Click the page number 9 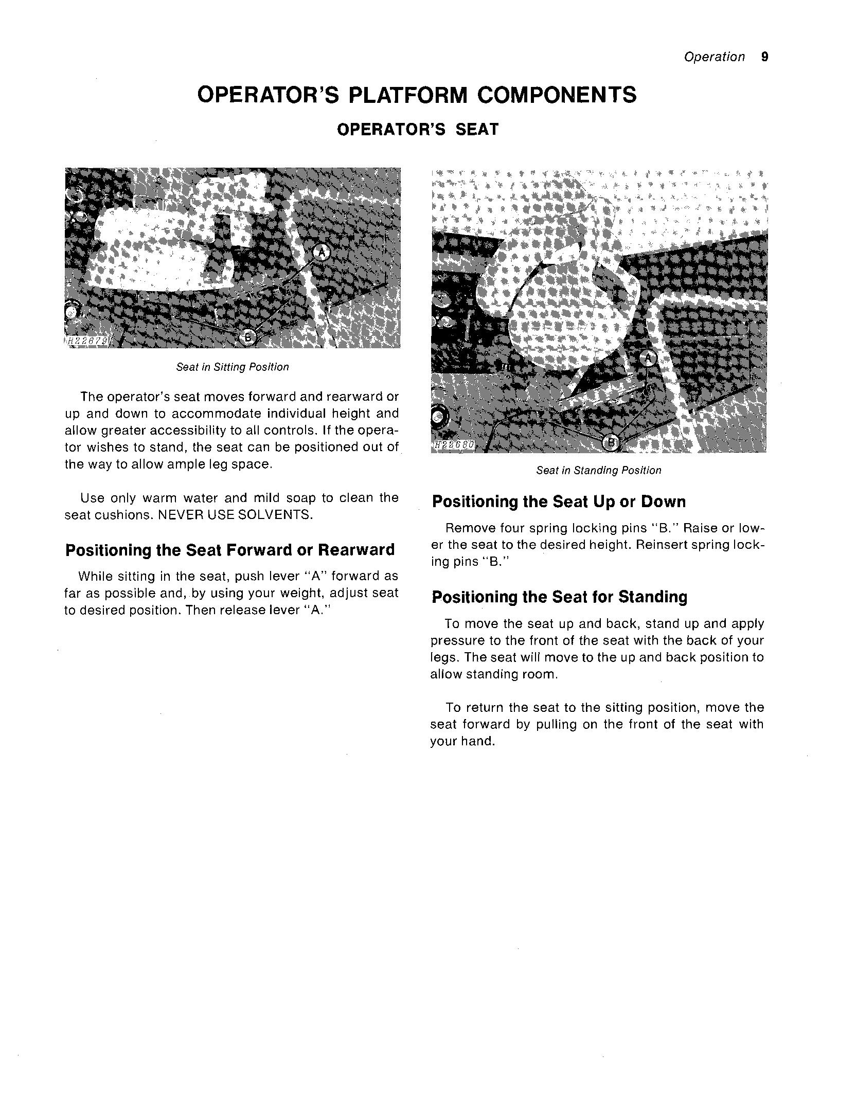[x=764, y=57]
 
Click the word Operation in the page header [x=714, y=57]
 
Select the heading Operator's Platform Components [x=417, y=95]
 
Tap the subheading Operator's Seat [x=418, y=129]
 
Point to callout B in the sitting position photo [x=248, y=337]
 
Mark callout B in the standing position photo [x=611, y=442]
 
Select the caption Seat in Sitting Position [x=233, y=367]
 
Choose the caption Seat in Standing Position [x=598, y=470]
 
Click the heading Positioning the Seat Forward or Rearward [x=230, y=550]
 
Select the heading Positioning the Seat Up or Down [x=559, y=501]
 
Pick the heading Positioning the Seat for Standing [x=559, y=597]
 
